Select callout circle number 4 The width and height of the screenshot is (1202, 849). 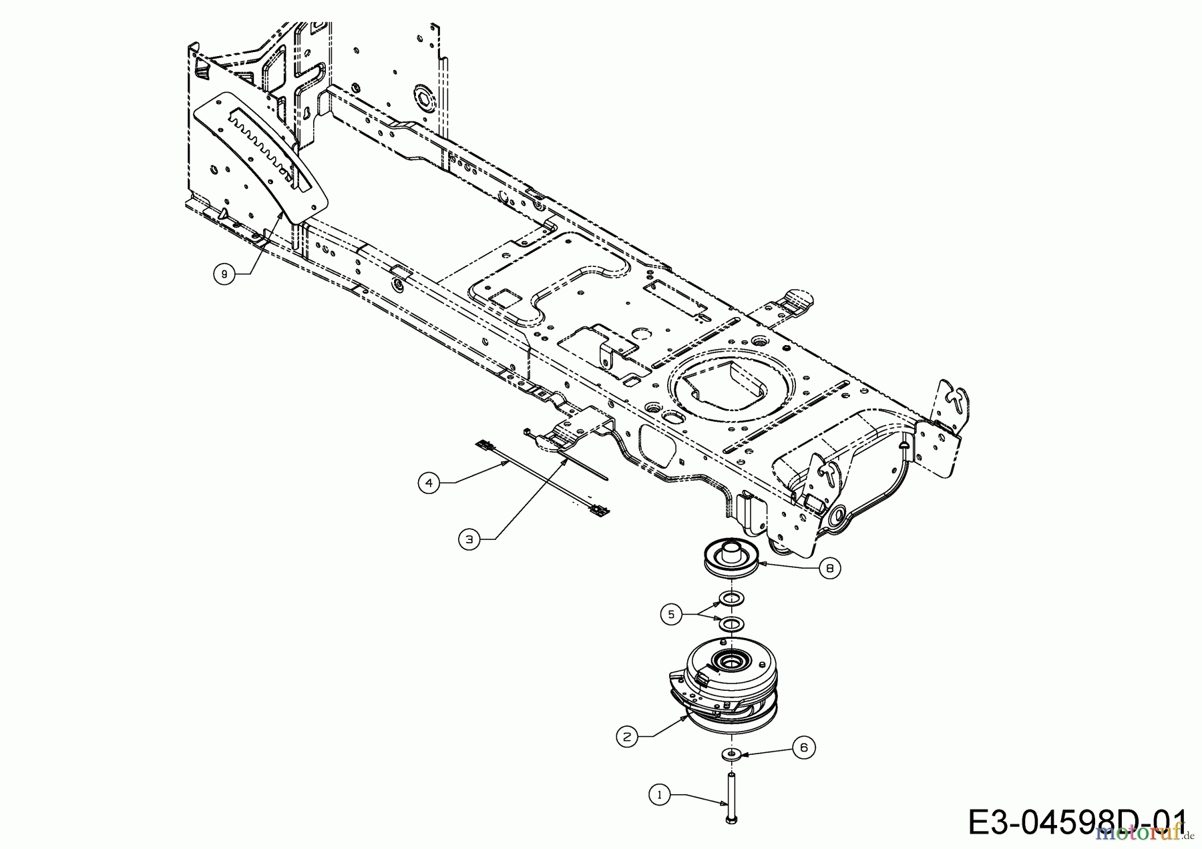pos(429,483)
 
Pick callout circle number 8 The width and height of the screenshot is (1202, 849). pos(829,568)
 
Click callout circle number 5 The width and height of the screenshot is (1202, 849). pos(671,614)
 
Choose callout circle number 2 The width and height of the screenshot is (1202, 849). pos(626,737)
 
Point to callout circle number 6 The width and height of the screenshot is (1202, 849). pos(803,748)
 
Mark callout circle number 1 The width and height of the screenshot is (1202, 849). pos(660,794)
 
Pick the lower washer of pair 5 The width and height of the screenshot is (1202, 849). pos(731,624)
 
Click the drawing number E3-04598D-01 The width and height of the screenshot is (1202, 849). pos(1075,822)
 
